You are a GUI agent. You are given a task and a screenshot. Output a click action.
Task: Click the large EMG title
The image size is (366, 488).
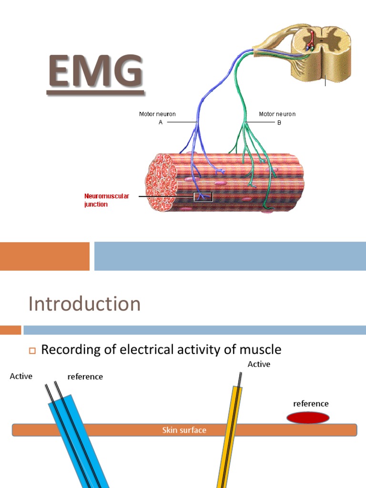click(95, 73)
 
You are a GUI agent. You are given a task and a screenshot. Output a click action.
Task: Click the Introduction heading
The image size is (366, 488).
click(84, 304)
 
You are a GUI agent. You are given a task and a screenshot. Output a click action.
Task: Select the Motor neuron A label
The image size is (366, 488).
click(157, 118)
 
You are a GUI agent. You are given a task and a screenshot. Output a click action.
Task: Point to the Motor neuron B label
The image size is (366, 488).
click(277, 118)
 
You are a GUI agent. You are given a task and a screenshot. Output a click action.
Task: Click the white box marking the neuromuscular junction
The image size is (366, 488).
click(203, 196)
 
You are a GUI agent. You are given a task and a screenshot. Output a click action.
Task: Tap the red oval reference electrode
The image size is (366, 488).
click(308, 417)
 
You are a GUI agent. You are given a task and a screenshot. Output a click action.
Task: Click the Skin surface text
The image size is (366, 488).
click(184, 430)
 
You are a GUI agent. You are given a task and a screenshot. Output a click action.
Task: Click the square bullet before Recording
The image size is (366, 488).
click(32, 351)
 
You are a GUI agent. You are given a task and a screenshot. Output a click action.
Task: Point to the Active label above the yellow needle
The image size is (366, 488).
click(259, 364)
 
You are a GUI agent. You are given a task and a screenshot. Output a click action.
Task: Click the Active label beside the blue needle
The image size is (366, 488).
click(21, 376)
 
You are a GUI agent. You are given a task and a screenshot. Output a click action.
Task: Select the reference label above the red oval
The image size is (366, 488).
click(311, 404)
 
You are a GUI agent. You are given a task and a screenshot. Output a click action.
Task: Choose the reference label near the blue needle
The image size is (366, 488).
click(85, 376)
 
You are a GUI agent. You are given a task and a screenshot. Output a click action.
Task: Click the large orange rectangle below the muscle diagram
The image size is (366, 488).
click(45, 256)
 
